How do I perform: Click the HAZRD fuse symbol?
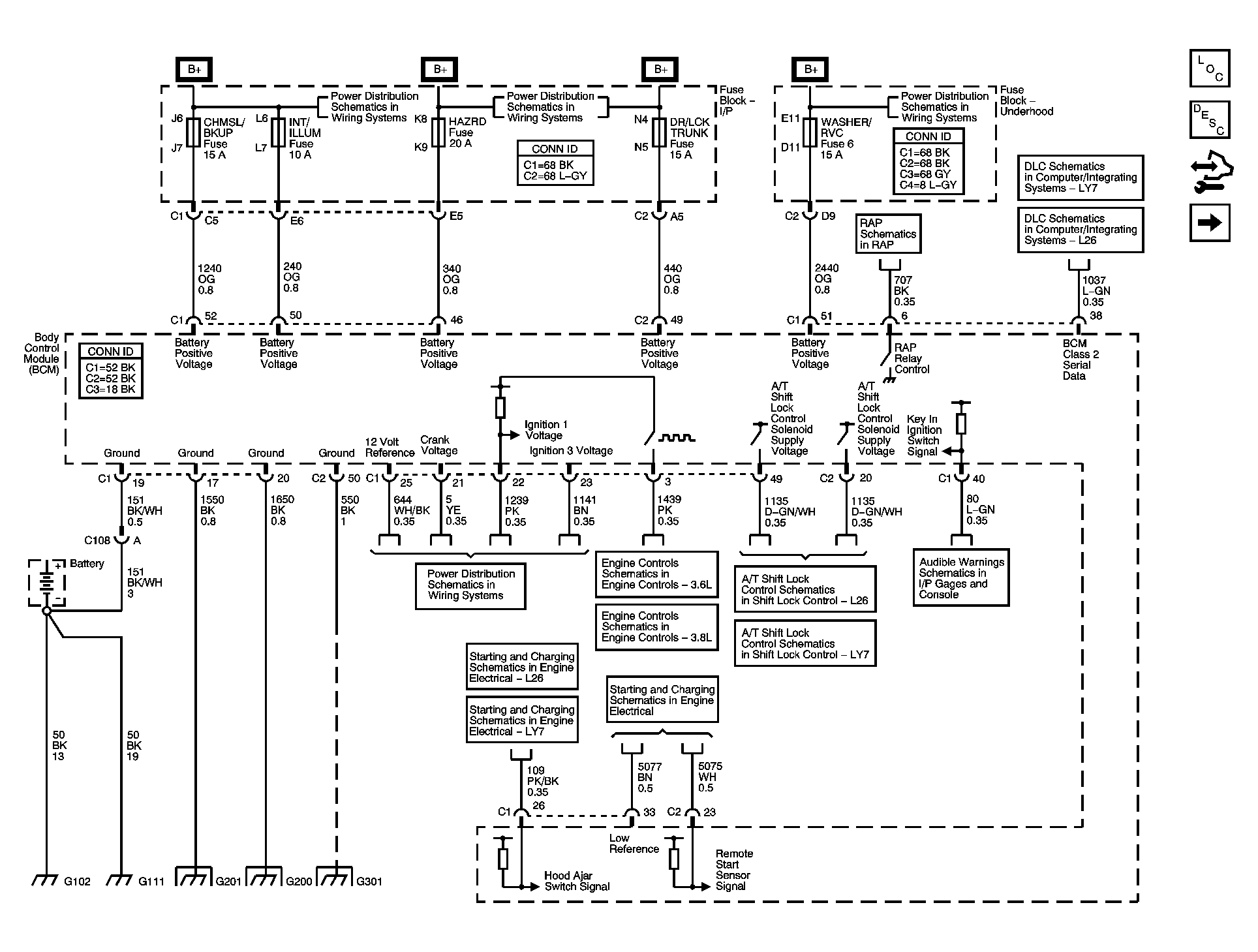click(x=438, y=133)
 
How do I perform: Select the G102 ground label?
click(x=77, y=882)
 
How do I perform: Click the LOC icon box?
click(x=1209, y=69)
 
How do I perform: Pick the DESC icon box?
click(x=1209, y=120)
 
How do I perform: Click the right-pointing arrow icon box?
click(x=1209, y=223)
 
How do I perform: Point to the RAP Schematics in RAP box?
click(x=888, y=234)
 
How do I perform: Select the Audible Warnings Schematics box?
click(x=960, y=578)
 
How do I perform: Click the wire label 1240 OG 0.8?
click(x=209, y=279)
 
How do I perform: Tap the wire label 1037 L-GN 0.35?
click(x=1096, y=291)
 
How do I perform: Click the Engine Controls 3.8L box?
click(x=656, y=627)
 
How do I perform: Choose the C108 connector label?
click(x=97, y=540)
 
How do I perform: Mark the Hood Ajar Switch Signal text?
click(x=577, y=881)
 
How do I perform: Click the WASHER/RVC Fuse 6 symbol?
click(x=810, y=133)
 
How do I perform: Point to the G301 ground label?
click(x=369, y=882)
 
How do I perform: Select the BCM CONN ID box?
click(x=110, y=371)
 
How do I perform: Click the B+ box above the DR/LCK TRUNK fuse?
click(x=660, y=70)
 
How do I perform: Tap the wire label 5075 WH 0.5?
click(x=710, y=777)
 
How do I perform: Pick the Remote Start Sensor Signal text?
click(x=733, y=870)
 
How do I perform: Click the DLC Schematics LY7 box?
click(x=1080, y=177)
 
